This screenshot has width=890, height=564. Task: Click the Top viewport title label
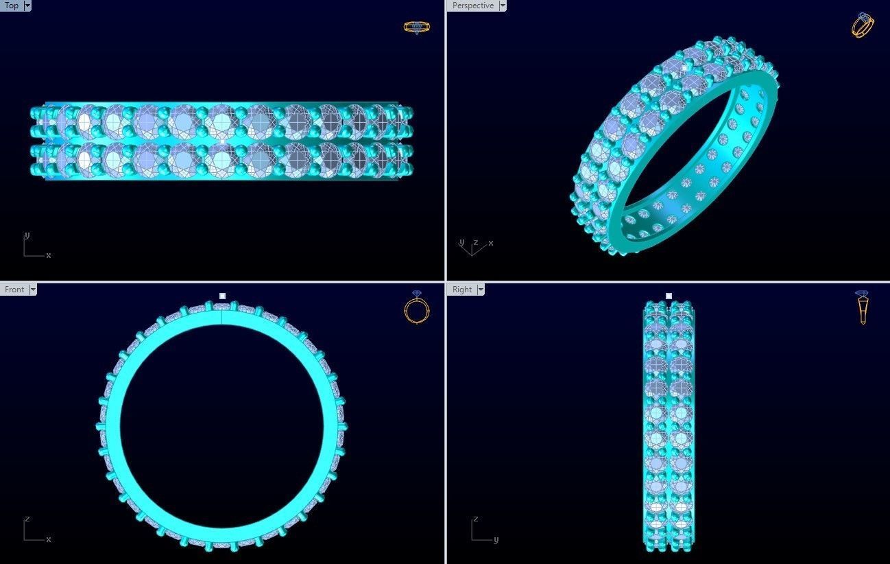click(x=12, y=5)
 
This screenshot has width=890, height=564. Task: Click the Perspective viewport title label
click(x=472, y=5)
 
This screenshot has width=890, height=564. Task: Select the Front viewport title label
click(x=14, y=290)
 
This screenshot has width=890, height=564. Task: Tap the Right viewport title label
click(x=461, y=290)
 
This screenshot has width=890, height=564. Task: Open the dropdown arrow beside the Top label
click(x=27, y=5)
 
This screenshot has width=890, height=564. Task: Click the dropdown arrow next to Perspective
click(x=503, y=5)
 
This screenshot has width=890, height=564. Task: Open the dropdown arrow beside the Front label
click(x=32, y=290)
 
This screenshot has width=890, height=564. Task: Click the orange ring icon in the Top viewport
click(x=416, y=27)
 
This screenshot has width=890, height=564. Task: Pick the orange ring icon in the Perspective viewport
click(x=863, y=25)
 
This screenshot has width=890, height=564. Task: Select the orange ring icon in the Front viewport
click(x=416, y=307)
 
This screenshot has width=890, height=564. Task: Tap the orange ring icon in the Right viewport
click(x=863, y=307)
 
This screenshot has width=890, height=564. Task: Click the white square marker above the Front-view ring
click(x=222, y=296)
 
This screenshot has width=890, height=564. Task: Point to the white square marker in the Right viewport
click(x=669, y=296)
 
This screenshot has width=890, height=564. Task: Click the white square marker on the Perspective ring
click(x=684, y=68)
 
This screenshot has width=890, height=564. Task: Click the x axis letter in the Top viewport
click(x=49, y=255)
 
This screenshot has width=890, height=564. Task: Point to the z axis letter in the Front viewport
click(x=27, y=519)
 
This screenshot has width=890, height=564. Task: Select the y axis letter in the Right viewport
click(x=496, y=539)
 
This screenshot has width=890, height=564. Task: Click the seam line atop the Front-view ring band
click(x=222, y=316)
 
